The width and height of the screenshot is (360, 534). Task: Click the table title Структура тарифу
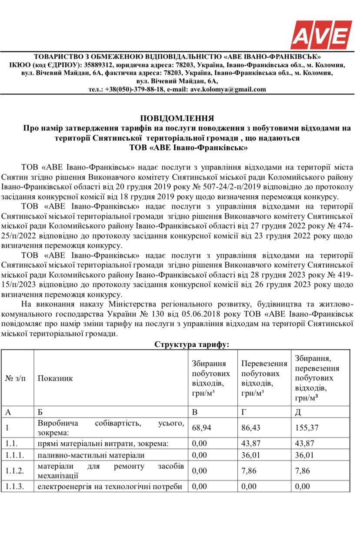click(192, 344)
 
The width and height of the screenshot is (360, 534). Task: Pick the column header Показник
click(55, 378)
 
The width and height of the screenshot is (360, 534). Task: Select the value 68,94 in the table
click(201, 428)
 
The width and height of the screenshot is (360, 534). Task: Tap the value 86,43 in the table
click(251, 428)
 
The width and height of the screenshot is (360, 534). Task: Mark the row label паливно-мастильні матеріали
click(91, 455)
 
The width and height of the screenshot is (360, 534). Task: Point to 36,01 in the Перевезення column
click(251, 455)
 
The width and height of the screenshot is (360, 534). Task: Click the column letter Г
click(243, 411)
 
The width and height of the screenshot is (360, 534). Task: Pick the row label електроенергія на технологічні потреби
click(110, 486)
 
